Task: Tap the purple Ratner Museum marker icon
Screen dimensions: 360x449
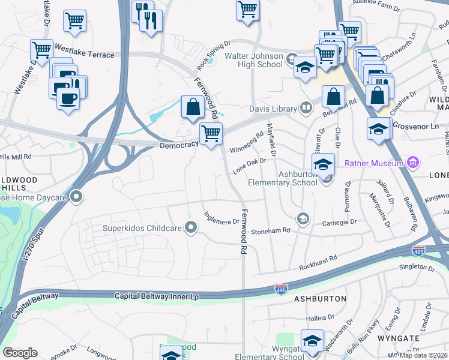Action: click(x=412, y=162)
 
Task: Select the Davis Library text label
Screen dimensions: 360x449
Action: click(x=273, y=109)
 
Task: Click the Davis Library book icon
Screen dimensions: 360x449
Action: click(x=306, y=108)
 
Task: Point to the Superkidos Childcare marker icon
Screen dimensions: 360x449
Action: click(x=191, y=227)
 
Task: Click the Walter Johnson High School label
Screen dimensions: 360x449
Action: click(x=253, y=60)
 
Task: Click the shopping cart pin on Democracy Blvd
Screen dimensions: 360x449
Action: click(x=210, y=133)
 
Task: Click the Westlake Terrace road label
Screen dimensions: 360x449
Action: click(x=84, y=55)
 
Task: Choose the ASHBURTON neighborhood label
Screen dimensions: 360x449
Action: click(x=319, y=298)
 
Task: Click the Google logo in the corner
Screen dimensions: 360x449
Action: click(x=20, y=353)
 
